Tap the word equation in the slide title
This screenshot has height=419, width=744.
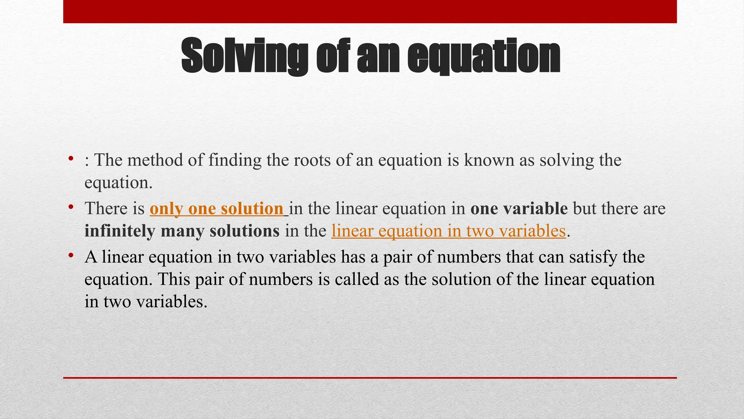483,56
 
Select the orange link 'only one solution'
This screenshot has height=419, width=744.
217,209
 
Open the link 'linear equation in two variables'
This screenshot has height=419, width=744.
449,231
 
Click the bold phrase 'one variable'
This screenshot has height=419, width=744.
519,209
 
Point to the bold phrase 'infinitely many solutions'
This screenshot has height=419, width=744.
182,231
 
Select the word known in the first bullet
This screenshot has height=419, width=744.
489,160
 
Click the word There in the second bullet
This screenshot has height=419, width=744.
106,209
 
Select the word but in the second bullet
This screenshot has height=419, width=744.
585,209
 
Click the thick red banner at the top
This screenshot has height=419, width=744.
370,12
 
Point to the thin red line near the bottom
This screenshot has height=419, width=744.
370,378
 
